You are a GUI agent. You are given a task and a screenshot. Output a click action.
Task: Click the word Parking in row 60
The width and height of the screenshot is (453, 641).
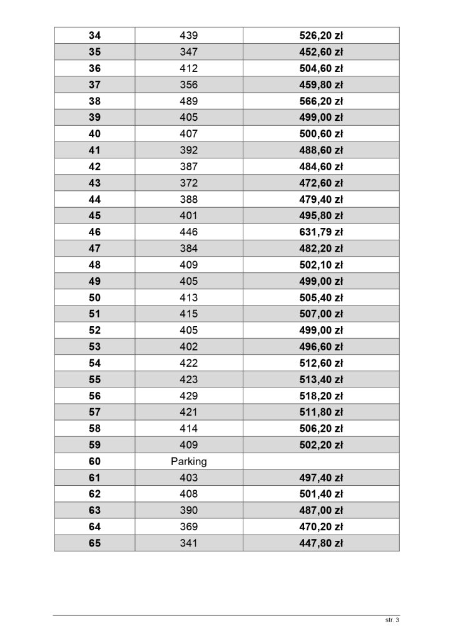188,462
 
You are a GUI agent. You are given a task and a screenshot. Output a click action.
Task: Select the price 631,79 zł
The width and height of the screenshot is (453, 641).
321,232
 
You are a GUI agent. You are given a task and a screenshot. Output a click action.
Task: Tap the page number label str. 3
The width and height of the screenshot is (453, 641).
392,620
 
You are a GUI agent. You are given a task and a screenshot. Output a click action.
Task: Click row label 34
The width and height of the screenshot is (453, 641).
94,36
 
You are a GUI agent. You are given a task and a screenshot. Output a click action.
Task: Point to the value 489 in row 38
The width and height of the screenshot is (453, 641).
188,101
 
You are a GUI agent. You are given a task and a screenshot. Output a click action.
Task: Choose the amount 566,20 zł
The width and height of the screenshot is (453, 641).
321,101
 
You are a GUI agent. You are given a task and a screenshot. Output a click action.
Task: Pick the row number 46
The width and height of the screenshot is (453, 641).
94,232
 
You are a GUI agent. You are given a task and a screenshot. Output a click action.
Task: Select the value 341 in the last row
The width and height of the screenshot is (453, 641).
188,543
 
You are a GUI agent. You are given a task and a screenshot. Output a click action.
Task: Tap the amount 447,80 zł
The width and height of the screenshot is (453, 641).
321,543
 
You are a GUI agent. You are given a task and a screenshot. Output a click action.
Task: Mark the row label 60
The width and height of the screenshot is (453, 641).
94,462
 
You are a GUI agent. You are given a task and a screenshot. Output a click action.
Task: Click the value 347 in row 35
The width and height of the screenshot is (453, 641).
188,52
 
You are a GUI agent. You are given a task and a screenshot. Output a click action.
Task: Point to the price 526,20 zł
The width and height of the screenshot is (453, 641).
321,36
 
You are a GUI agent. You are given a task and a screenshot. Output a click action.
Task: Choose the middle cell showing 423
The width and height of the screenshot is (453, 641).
188,379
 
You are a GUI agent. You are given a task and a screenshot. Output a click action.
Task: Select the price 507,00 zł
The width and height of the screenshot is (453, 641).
321,314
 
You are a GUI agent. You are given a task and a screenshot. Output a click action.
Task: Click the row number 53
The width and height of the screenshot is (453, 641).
94,347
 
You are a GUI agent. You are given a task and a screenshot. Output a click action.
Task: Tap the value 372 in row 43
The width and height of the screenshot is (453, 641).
188,183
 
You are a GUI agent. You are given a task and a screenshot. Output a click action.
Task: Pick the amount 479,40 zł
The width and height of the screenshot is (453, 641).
321,199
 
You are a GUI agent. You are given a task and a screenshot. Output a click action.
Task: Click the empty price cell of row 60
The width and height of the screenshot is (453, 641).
321,462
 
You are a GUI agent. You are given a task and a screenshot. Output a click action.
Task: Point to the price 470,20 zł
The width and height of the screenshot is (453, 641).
321,527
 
